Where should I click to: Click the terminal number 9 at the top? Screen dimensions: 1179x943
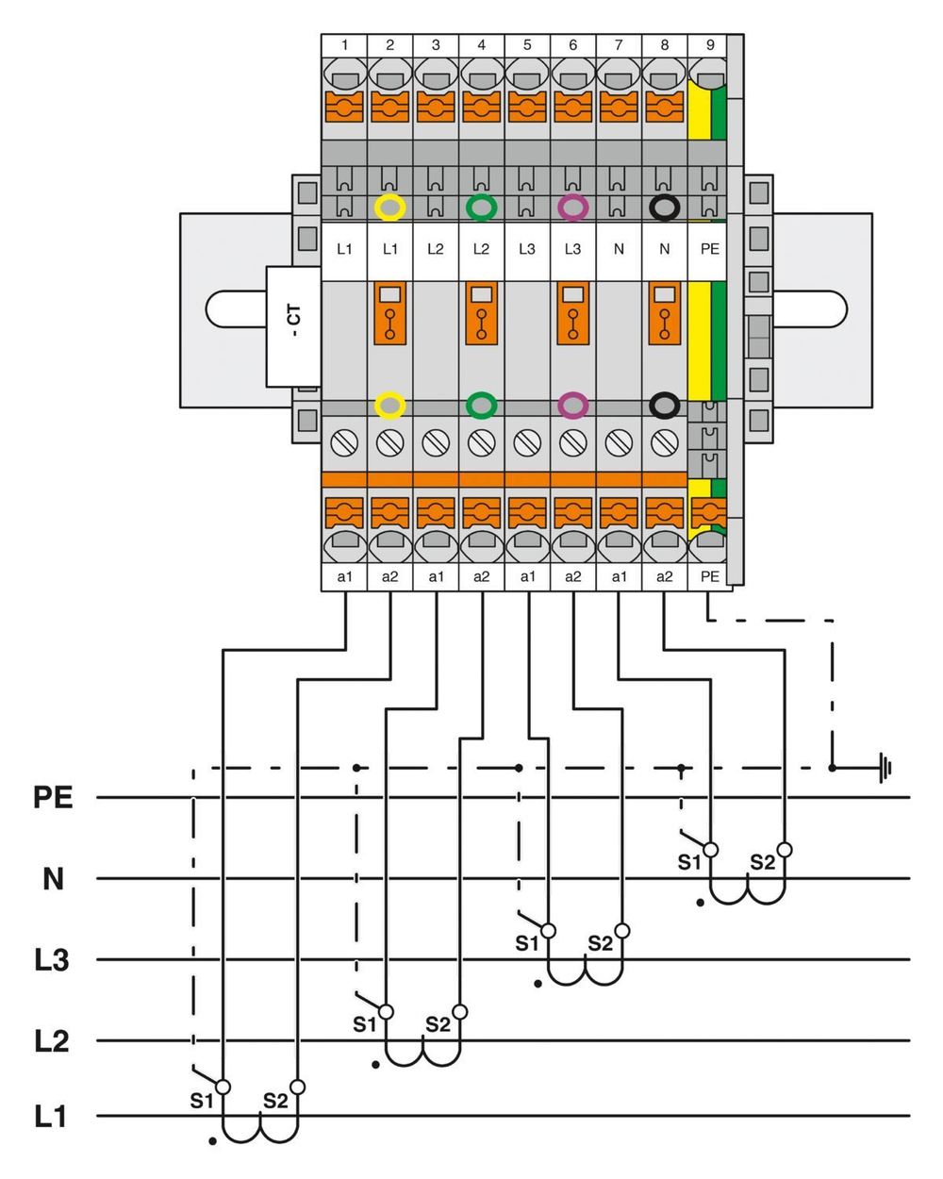[x=710, y=44]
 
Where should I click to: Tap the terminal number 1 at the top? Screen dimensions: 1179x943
[x=345, y=44]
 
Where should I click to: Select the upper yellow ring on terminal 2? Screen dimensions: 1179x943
[x=390, y=208]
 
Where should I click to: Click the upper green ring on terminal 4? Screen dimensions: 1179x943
[x=482, y=208]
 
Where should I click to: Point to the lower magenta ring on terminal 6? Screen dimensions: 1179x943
[x=572, y=406]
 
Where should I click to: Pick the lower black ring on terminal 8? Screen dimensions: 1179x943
[x=665, y=406]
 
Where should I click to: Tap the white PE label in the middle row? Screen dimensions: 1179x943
[x=710, y=249]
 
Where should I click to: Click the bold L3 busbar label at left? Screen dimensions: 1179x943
[x=52, y=961]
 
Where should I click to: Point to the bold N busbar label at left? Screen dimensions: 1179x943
[x=53, y=879]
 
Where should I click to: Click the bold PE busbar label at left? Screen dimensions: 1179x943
[x=53, y=798]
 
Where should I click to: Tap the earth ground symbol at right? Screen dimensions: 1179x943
[x=885, y=768]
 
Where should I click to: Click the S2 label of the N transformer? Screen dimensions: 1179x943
[x=762, y=861]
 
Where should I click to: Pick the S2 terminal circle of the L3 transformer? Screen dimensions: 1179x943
[x=621, y=931]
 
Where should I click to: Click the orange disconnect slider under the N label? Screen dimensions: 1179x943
[x=665, y=313]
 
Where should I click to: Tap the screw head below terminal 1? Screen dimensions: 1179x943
[x=345, y=441]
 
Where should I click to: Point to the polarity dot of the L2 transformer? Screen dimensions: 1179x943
[x=374, y=1065]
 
